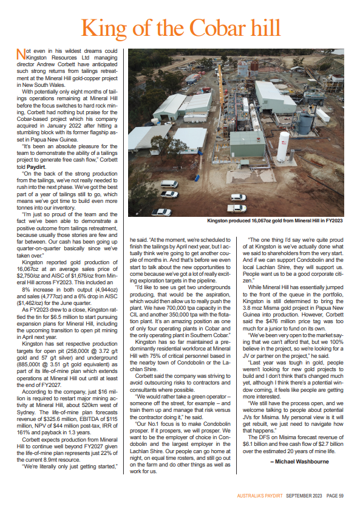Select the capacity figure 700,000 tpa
pyautogui.click(x=173, y=301)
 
